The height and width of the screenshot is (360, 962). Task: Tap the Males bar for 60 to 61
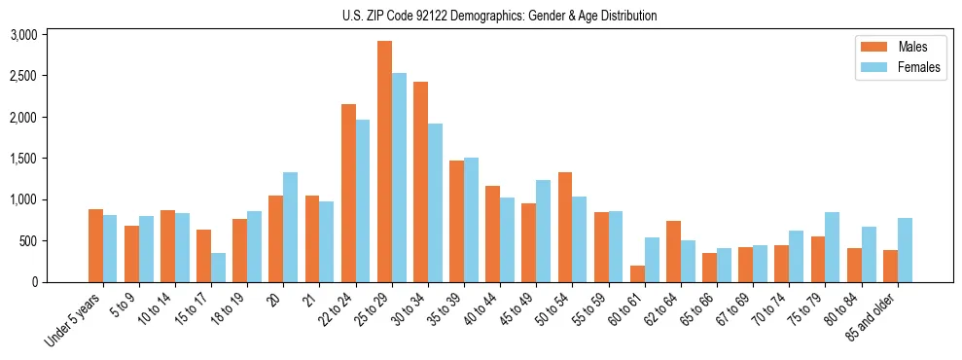coord(637,273)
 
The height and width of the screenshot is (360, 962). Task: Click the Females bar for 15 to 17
coord(218,268)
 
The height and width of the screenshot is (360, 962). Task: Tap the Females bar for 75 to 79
coord(833,247)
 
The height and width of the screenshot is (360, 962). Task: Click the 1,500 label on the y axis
coord(23,159)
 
